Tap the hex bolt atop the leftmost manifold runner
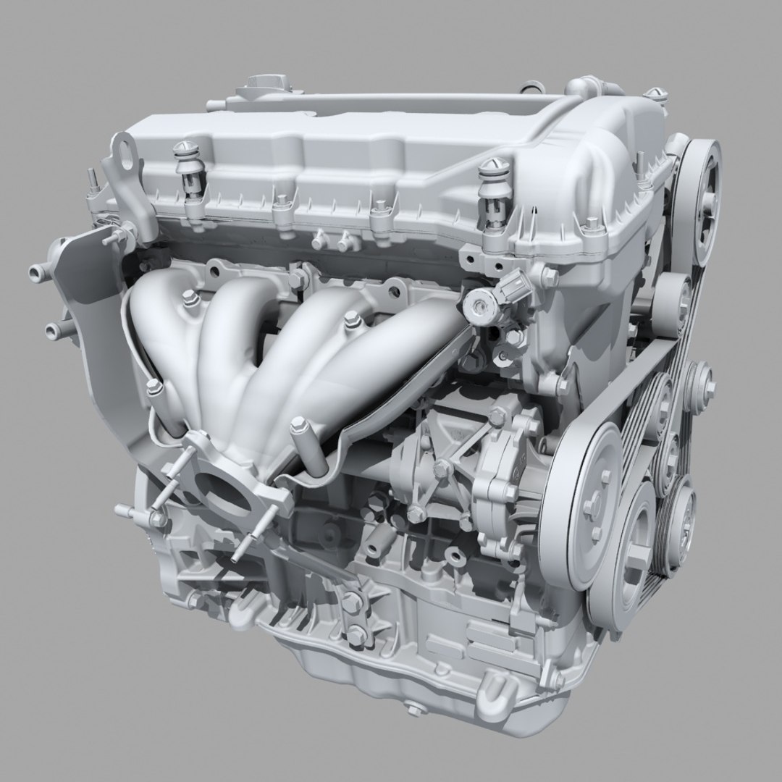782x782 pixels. coord(189,297)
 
